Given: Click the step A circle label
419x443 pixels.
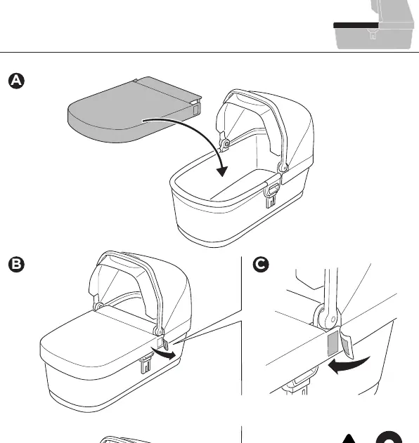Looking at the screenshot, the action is coord(16,81).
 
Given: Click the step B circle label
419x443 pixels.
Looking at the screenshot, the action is coord(16,265).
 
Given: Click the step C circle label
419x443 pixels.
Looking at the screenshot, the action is coord(261,265).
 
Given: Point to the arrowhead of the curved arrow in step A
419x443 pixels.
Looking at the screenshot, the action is coord(222,171).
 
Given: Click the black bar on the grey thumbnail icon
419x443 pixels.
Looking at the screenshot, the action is coord(356,25).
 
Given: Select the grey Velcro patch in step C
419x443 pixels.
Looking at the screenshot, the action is coord(333,343).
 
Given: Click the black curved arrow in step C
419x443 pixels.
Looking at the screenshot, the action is coord(349,365).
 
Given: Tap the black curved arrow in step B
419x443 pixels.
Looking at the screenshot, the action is coord(164,353).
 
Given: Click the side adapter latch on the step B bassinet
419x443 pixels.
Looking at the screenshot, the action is coord(146,365).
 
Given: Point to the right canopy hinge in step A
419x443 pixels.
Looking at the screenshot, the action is coord(283,167).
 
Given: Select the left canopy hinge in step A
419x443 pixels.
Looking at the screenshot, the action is coord(226,144).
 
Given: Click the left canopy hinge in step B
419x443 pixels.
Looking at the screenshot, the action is coord(99,306).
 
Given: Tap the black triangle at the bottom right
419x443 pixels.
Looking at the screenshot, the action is coord(349,439).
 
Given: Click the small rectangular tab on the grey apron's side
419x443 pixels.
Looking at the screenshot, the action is coord(196,110).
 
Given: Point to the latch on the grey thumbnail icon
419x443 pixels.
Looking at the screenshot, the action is coord(373,34).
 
